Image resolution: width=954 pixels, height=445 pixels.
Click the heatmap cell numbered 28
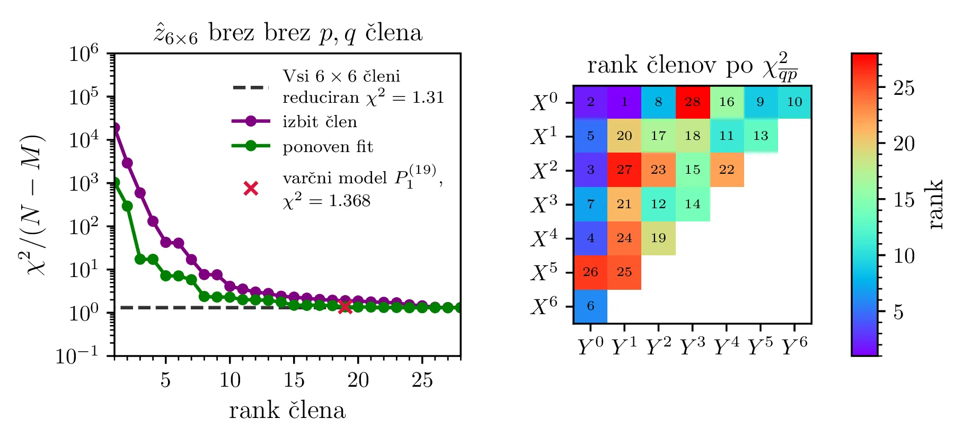point(692,102)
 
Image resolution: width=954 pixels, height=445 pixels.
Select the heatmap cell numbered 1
point(624,102)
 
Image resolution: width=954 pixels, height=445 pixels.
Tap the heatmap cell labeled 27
point(624,170)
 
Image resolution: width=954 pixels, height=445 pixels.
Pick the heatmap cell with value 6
point(590,306)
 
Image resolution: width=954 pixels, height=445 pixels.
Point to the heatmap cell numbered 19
point(658,238)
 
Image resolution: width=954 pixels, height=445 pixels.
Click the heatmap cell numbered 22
point(726,170)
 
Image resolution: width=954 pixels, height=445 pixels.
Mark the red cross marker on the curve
point(345,306)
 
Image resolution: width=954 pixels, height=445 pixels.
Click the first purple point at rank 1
point(115,128)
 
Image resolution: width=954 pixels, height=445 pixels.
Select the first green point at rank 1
point(115,183)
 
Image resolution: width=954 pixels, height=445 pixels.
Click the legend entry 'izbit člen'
point(320,122)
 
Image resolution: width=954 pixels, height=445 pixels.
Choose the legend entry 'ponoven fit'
point(328,146)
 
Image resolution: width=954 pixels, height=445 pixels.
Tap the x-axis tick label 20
point(358,380)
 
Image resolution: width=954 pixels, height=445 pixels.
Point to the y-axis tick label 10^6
point(84,53)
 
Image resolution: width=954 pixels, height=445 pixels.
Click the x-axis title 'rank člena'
point(287,411)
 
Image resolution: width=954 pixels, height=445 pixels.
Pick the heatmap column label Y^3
point(692,347)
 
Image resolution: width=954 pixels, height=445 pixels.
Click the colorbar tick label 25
point(904,88)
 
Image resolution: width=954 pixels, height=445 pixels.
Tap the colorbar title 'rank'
point(936,204)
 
